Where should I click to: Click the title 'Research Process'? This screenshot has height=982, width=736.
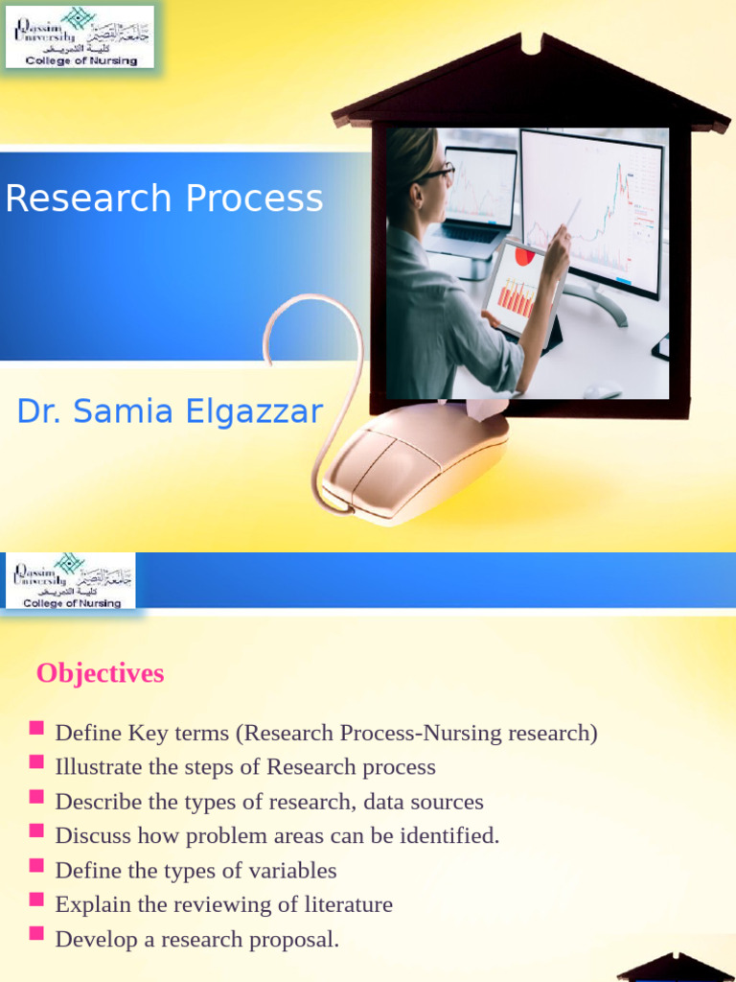point(164,199)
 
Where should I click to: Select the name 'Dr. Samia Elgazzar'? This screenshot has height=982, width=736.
point(170,411)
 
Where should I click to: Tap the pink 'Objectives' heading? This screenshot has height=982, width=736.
point(100,673)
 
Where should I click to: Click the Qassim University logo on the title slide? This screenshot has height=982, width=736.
point(80,36)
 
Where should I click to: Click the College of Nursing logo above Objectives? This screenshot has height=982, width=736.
point(71,580)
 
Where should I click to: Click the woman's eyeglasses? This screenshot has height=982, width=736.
point(435,173)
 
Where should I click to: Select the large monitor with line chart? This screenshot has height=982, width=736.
point(591,211)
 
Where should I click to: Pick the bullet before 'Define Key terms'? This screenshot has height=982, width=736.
point(36,729)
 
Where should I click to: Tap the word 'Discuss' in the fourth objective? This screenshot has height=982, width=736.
point(93,835)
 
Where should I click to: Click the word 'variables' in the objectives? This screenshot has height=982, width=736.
point(292,871)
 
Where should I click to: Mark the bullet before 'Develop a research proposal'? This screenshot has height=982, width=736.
point(36,934)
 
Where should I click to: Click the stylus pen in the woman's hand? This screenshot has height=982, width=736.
point(572,212)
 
